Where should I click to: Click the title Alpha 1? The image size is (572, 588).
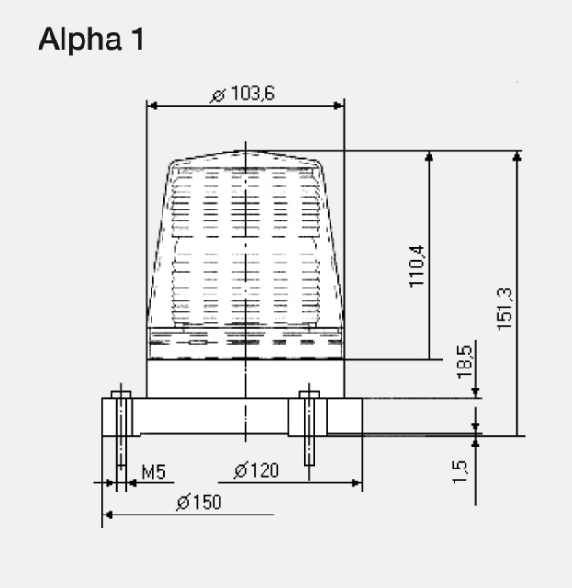click(92, 40)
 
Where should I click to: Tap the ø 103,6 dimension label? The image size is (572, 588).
click(242, 94)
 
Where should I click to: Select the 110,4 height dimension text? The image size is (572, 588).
click(417, 266)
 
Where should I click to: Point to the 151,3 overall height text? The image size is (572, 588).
click(505, 309)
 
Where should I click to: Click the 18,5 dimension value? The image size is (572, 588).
click(465, 362)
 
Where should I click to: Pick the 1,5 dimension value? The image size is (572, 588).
click(460, 471)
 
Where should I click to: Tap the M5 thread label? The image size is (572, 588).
click(153, 472)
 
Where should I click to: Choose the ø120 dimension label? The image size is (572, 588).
click(256, 470)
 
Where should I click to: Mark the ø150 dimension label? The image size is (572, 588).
click(199, 503)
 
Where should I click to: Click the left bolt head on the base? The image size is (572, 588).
click(121, 394)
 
